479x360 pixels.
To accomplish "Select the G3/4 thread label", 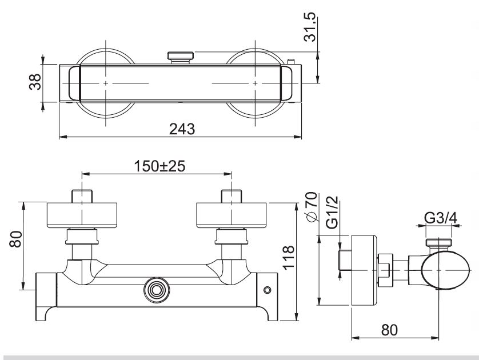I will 440,218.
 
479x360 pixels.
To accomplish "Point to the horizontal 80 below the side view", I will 390,330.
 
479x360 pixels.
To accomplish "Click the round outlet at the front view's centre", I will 155,291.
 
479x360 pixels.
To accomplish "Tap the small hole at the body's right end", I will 267,291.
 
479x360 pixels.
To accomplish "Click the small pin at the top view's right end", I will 292,61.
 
